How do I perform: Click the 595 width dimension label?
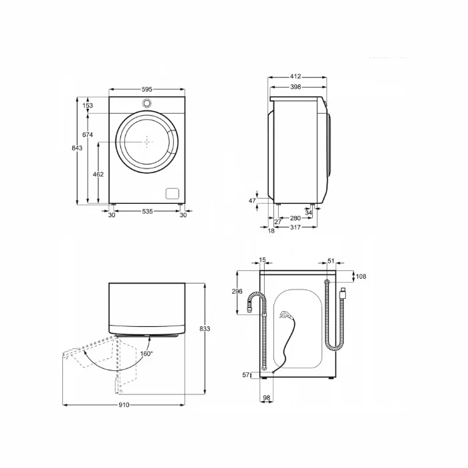147,89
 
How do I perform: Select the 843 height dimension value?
78,148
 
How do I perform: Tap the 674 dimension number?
88,135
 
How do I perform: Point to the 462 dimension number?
98,174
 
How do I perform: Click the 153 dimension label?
88,106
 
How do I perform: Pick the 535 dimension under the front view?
147,212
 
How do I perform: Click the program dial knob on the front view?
147,103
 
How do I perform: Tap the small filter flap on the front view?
172,193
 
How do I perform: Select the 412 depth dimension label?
295,78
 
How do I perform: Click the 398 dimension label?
295,87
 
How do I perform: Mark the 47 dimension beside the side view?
252,201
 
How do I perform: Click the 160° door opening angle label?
146,354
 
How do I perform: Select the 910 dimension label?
124,405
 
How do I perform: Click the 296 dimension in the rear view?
237,291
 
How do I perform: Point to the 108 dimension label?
362,276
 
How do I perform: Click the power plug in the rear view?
342,292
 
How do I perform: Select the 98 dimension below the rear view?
266,398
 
